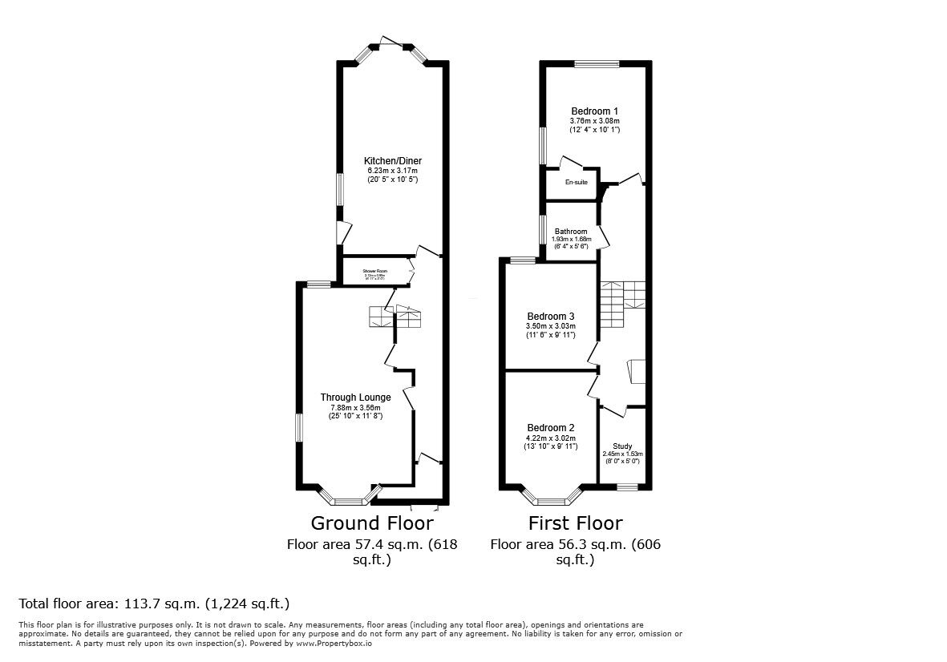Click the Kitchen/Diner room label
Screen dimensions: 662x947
tap(391, 161)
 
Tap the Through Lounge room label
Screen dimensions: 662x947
tap(355, 398)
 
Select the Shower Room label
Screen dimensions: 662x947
tap(374, 272)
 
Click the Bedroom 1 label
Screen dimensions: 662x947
tap(594, 111)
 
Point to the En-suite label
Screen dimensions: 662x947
tap(576, 183)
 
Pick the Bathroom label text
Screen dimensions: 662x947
tap(571, 232)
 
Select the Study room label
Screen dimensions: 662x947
tap(622, 446)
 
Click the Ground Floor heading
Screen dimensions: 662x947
tap(372, 523)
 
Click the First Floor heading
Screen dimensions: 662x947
tap(575, 523)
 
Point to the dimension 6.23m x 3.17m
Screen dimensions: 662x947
tap(391, 171)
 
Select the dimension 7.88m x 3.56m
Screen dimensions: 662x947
tap(355, 407)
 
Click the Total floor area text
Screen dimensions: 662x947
tap(154, 603)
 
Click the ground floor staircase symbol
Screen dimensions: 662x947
tap(395, 317)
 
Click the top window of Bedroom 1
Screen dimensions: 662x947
tap(596, 64)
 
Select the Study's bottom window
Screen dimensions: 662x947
tap(627, 486)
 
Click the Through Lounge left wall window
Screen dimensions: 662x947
tap(299, 426)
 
